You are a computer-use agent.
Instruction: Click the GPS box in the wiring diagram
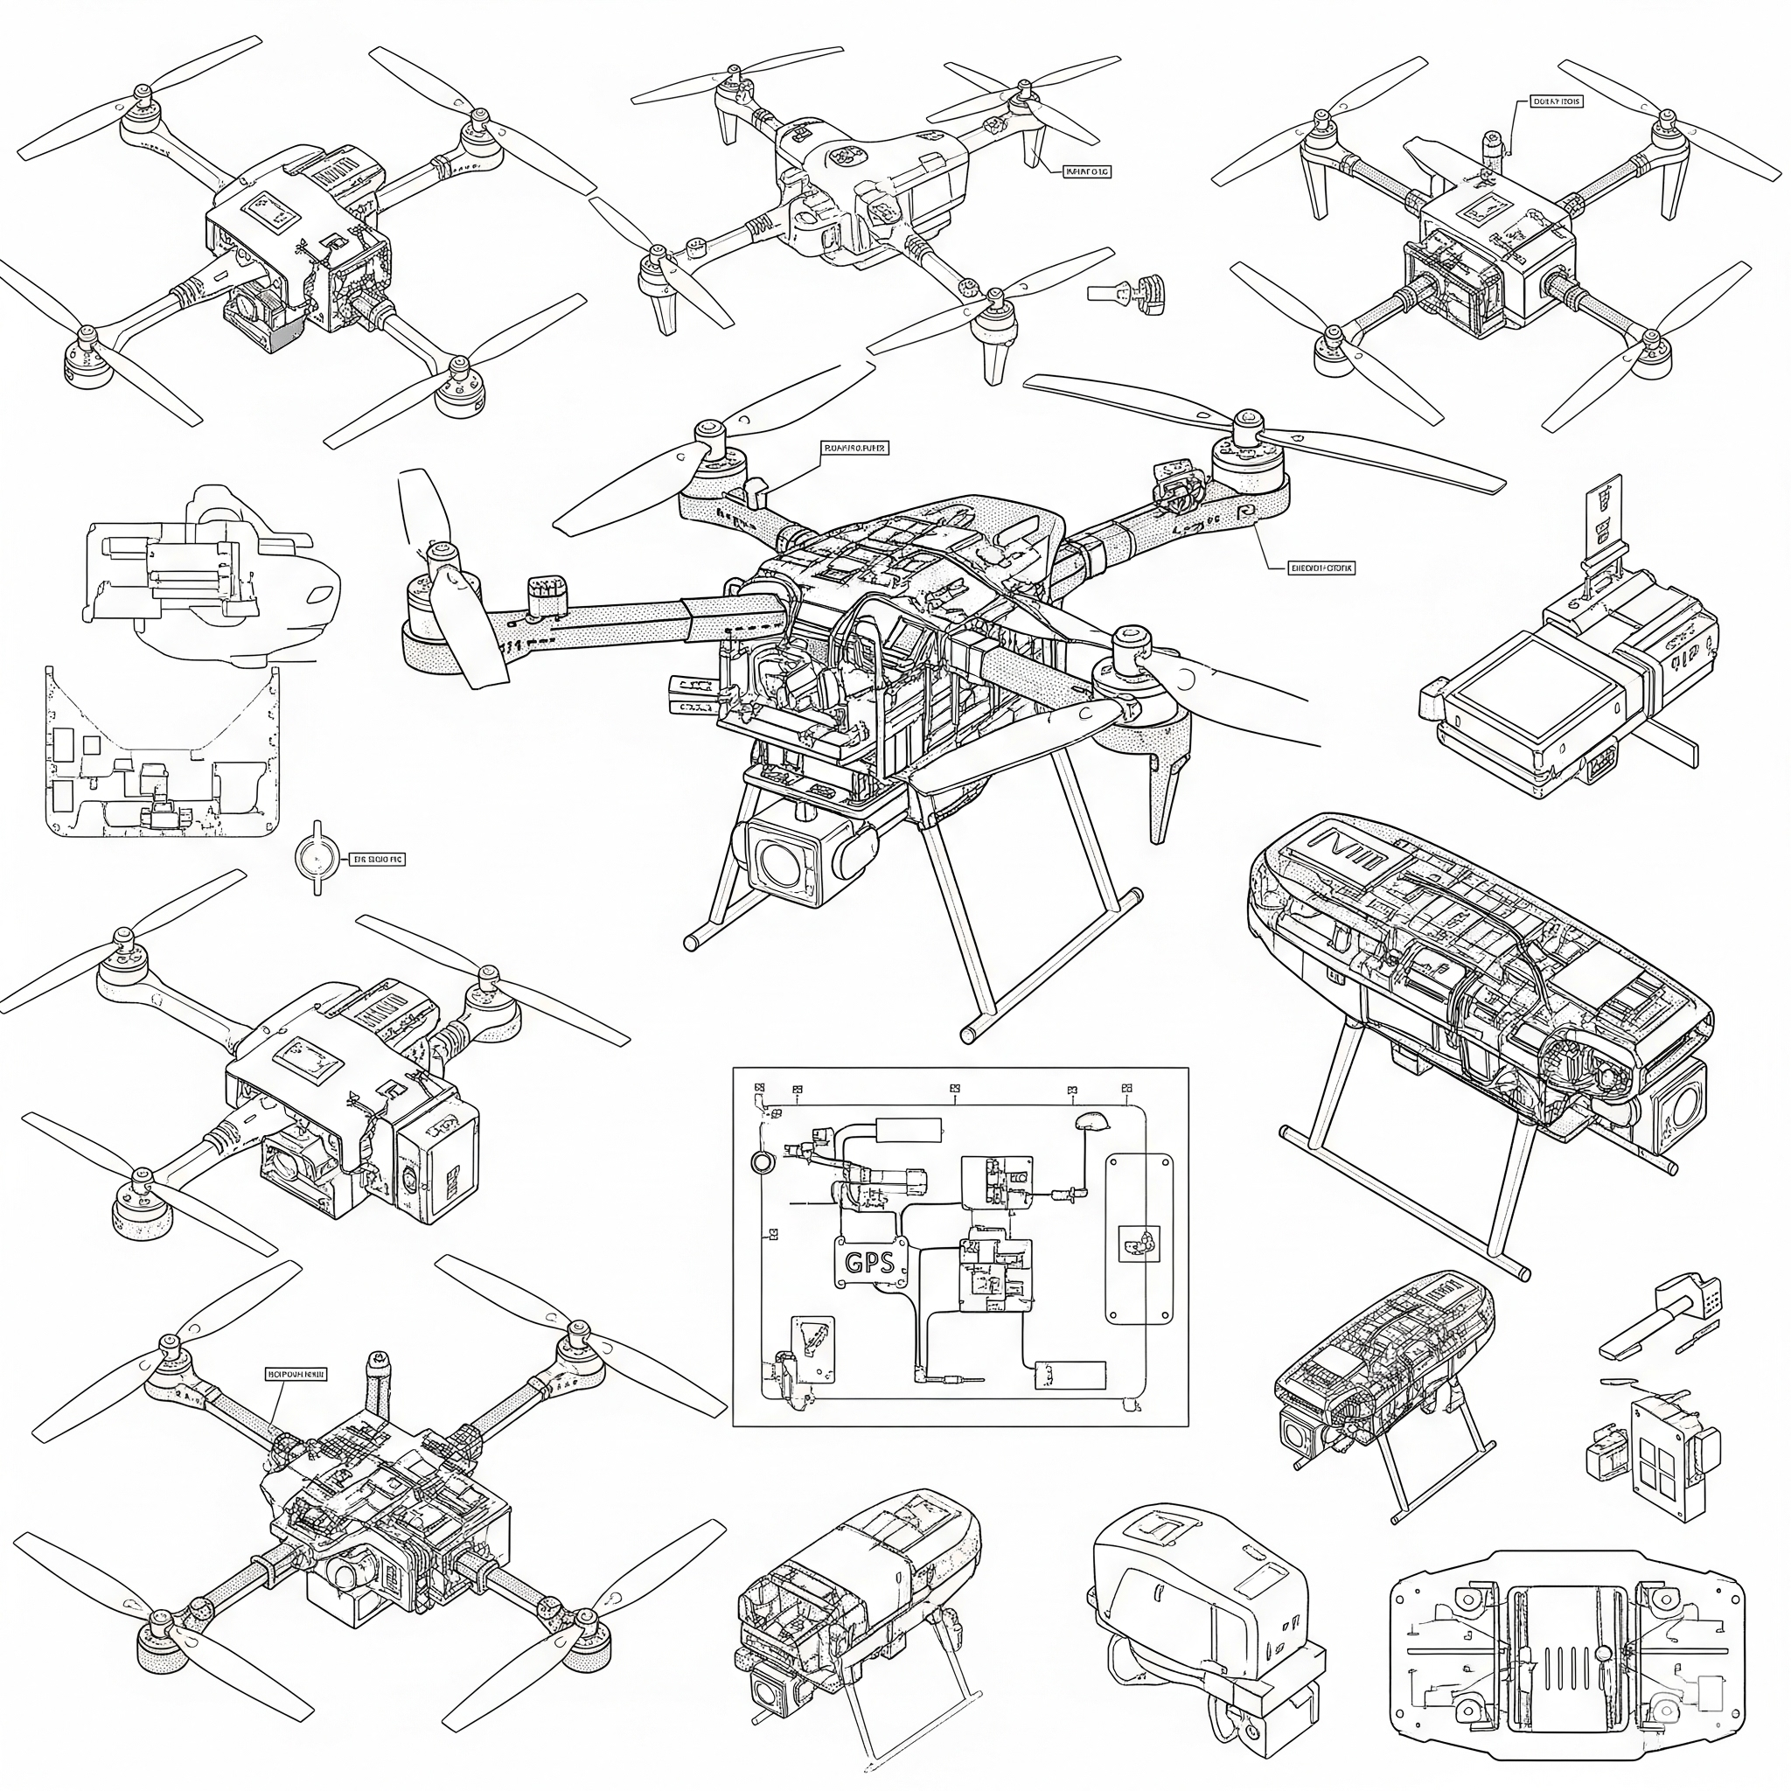(x=869, y=1262)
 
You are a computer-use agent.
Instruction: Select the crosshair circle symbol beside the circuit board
(x=317, y=859)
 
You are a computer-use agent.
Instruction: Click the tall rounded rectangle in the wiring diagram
(x=1139, y=1237)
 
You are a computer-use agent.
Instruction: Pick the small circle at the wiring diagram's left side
(x=761, y=1162)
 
